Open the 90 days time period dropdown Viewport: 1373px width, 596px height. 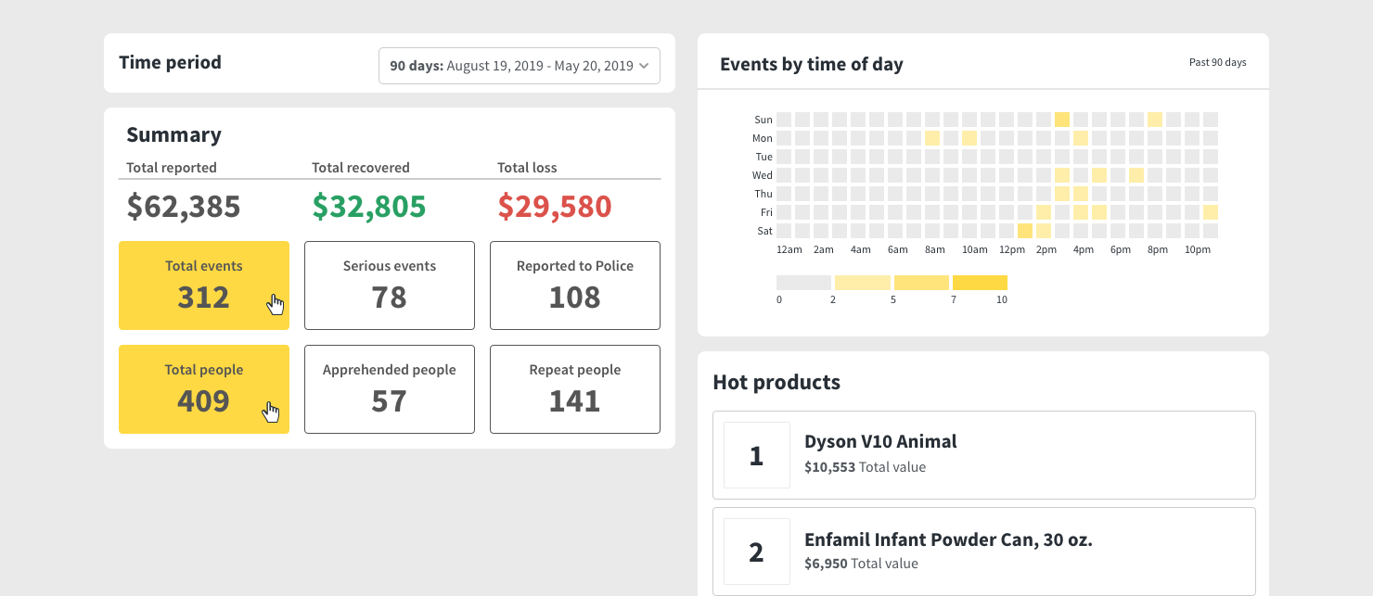(x=520, y=66)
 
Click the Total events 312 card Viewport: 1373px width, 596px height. (x=204, y=285)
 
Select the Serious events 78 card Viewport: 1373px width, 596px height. (x=390, y=285)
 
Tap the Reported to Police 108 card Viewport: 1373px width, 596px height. (x=575, y=285)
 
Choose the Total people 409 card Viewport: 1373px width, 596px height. (x=204, y=389)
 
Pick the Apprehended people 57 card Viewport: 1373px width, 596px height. (x=390, y=389)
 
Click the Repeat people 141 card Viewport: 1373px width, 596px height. (x=575, y=389)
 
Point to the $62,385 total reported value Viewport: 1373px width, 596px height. (x=184, y=207)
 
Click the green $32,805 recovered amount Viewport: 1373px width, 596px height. (x=369, y=207)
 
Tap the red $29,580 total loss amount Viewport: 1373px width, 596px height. (x=555, y=207)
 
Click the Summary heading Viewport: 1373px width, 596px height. (x=173, y=135)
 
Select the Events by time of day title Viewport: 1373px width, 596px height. (x=811, y=64)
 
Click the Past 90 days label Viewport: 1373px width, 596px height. (x=1217, y=62)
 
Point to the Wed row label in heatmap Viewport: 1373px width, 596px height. (x=763, y=175)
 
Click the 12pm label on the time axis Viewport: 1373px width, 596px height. (x=1012, y=250)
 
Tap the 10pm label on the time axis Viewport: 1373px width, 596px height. (x=1198, y=250)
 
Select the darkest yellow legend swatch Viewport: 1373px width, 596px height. (x=980, y=283)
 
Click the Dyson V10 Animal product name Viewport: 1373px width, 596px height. (x=880, y=442)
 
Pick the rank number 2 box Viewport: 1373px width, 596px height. (x=756, y=552)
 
